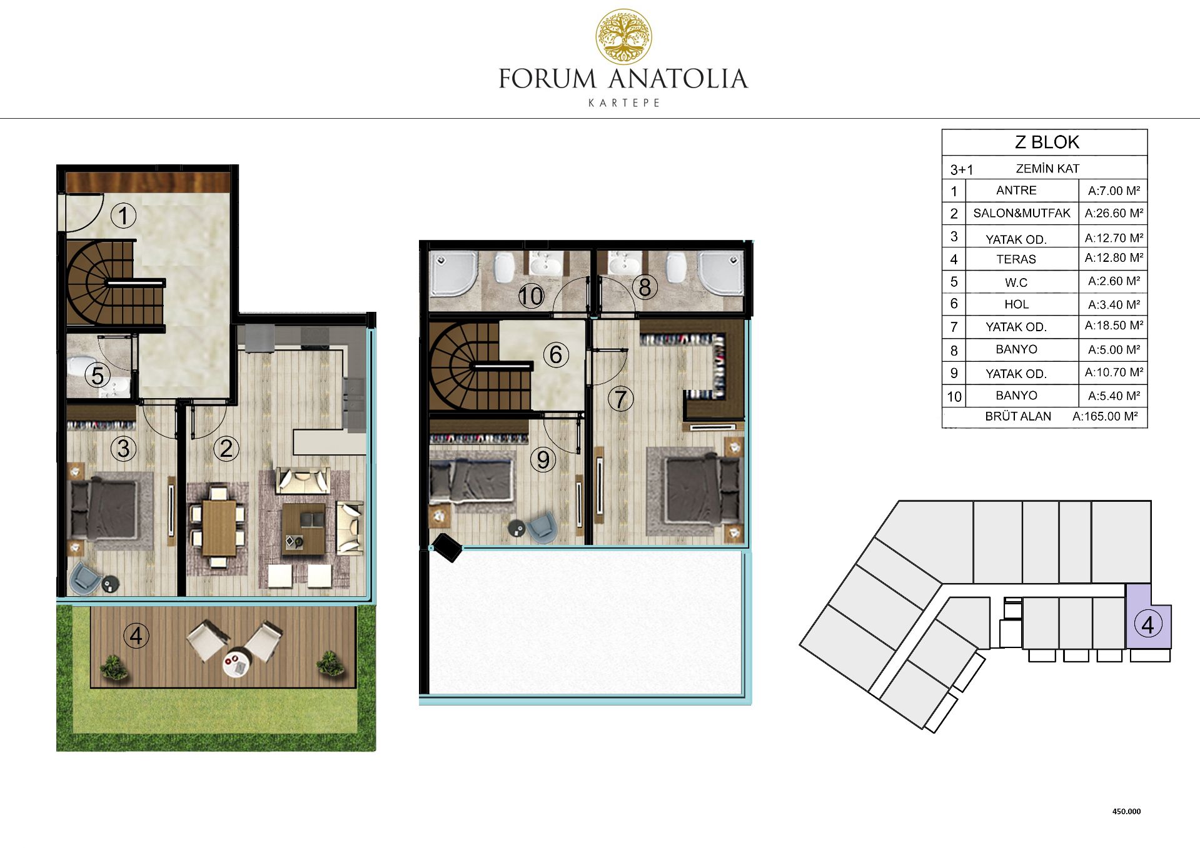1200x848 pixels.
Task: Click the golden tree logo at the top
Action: point(623,37)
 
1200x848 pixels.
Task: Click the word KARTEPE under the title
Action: point(624,103)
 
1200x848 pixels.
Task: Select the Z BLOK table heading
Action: point(1047,142)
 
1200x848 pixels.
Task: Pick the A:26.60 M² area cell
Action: point(1114,213)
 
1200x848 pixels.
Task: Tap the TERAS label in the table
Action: point(1016,259)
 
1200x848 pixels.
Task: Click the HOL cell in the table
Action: point(1016,304)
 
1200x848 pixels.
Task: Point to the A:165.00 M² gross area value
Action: point(1105,416)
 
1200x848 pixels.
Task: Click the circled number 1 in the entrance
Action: point(123,216)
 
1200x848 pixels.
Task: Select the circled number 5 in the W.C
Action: point(98,376)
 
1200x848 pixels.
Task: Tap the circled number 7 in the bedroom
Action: point(620,399)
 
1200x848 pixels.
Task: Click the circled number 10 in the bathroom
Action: point(531,296)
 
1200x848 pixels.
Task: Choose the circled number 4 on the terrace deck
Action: point(136,636)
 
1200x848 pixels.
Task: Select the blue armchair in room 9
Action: point(540,527)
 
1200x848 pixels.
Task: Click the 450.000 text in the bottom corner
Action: point(1126,811)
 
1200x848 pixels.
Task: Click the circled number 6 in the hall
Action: point(555,354)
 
